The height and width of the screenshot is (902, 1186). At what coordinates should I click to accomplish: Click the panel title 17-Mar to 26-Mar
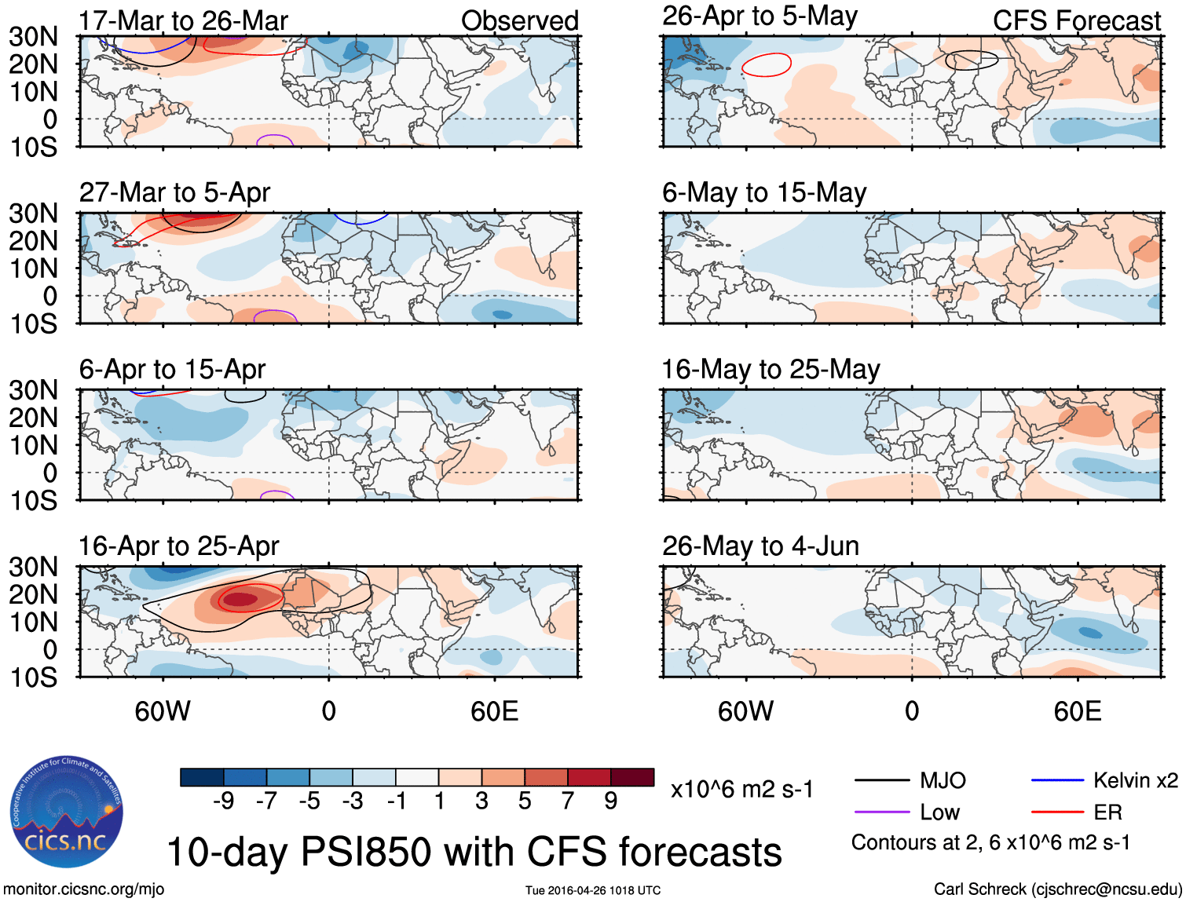183,20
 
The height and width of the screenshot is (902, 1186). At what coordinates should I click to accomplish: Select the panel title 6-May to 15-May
763,192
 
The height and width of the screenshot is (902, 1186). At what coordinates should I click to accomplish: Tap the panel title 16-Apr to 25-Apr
178,546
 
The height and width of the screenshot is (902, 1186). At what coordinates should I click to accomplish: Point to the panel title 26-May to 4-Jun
760,546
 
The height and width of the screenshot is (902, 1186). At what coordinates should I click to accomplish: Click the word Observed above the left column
519,20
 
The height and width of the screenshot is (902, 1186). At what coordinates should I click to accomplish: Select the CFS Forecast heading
1076,20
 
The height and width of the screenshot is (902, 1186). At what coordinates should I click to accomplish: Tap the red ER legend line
1057,812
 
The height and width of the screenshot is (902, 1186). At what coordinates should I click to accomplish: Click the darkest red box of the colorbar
632,777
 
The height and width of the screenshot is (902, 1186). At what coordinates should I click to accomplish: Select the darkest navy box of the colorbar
202,777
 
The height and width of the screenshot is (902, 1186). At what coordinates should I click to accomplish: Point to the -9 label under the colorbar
223,801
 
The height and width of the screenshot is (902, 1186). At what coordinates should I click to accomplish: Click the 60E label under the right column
1077,711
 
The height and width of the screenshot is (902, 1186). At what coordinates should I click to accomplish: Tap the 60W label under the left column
163,711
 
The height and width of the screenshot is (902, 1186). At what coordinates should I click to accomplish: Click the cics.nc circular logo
67,813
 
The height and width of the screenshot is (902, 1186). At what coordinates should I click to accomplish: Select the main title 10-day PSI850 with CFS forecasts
474,852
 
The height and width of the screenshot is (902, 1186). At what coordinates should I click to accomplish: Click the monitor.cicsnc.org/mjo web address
84,889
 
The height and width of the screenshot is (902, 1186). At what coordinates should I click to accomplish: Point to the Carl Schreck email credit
1057,889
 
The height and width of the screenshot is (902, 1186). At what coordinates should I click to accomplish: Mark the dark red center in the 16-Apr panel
240,600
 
